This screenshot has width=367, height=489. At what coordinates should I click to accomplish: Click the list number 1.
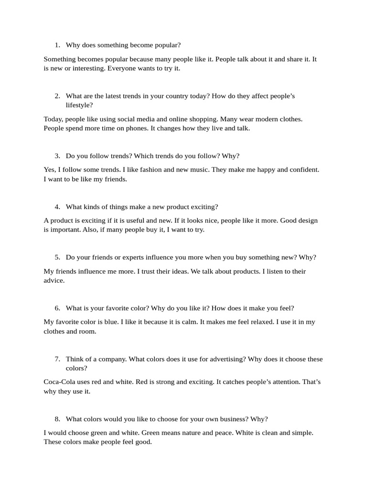pos(56,45)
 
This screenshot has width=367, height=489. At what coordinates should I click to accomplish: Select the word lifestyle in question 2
pos(79,105)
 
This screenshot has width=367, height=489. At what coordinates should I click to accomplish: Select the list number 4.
pos(57,207)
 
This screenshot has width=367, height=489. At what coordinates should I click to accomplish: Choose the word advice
pos(54,280)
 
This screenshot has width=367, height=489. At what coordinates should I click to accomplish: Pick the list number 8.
pos(57,419)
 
